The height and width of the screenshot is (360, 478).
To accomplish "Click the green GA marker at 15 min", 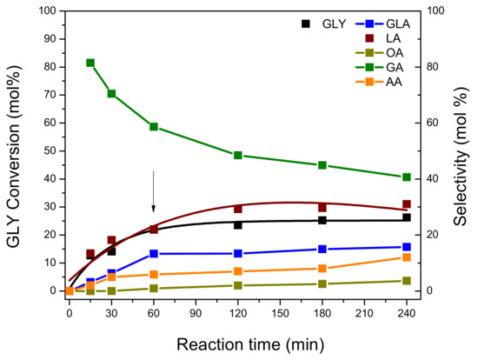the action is (x=90, y=63).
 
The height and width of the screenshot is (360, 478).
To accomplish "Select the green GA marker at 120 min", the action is (x=238, y=156).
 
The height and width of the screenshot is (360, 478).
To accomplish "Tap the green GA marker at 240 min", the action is (x=407, y=177).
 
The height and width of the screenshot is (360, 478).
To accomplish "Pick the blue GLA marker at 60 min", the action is (x=154, y=254).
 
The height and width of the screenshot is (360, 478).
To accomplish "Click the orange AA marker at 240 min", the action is (x=407, y=257).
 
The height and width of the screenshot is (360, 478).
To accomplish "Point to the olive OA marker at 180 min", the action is (x=322, y=283).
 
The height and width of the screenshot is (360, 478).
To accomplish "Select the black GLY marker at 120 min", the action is (x=238, y=225).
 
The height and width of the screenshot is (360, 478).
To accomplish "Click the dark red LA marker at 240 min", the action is (x=407, y=204).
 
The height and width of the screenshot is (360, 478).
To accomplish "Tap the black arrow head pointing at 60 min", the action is (x=154, y=209).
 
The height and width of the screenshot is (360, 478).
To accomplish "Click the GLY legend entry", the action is (x=324, y=23).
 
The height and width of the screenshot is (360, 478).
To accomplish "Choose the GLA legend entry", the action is (x=382, y=23).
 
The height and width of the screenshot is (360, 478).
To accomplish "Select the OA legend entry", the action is (x=379, y=53).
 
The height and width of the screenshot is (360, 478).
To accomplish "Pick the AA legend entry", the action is (x=379, y=82).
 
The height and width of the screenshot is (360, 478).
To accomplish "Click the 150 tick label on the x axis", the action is (x=280, y=313).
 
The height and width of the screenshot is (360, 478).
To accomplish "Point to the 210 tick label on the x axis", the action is (x=364, y=313).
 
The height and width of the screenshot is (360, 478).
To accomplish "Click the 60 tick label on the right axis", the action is (x=433, y=123).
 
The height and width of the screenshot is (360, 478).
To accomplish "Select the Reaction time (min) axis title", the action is (x=250, y=344).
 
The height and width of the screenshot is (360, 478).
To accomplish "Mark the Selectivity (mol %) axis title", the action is (x=461, y=157).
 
